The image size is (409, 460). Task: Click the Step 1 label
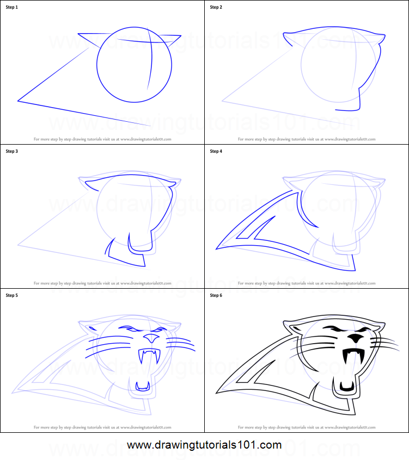(x=12, y=7)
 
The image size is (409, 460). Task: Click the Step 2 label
(x=216, y=7)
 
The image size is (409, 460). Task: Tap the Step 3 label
(x=12, y=151)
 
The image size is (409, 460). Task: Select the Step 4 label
(x=216, y=151)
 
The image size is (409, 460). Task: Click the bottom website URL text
(x=204, y=445)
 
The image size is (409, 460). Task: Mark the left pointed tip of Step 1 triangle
(x=19, y=101)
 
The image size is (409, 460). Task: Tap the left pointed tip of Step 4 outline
(x=217, y=248)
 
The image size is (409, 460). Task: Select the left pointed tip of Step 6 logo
(x=217, y=392)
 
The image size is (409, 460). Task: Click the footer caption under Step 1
(x=102, y=139)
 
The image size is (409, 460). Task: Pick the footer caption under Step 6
(x=307, y=427)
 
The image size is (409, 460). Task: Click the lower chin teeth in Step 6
(x=346, y=387)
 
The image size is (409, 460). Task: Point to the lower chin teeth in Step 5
(x=142, y=387)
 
